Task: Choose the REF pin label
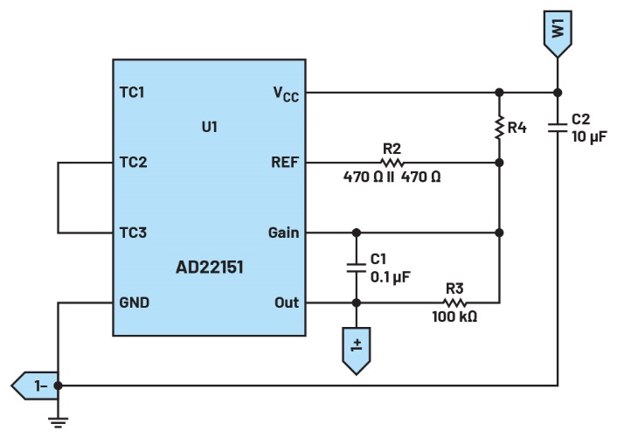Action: (283, 162)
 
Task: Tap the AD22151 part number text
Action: (209, 268)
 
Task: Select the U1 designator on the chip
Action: (209, 127)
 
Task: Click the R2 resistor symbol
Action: (392, 162)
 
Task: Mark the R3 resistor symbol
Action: (454, 302)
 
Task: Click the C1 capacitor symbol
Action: (356, 268)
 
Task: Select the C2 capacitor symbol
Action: (557, 128)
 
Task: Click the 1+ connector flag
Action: (356, 351)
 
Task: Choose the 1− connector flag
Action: (33, 384)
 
